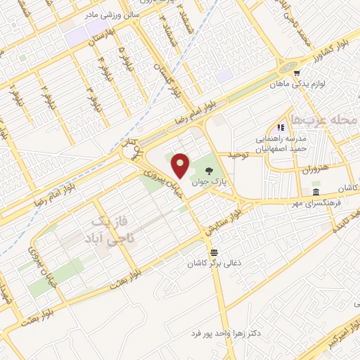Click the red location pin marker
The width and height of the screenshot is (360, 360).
pos(181,165)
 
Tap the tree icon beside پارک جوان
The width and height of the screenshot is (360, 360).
pos(209,170)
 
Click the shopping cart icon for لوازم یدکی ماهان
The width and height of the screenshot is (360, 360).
pos(297,72)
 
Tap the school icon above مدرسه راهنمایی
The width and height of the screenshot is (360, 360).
pos(281,128)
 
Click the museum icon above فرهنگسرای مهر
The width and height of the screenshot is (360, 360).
pos(316,193)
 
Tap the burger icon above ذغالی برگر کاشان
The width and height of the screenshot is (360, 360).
pos(213,252)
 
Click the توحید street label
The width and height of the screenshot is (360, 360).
pos(238,155)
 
